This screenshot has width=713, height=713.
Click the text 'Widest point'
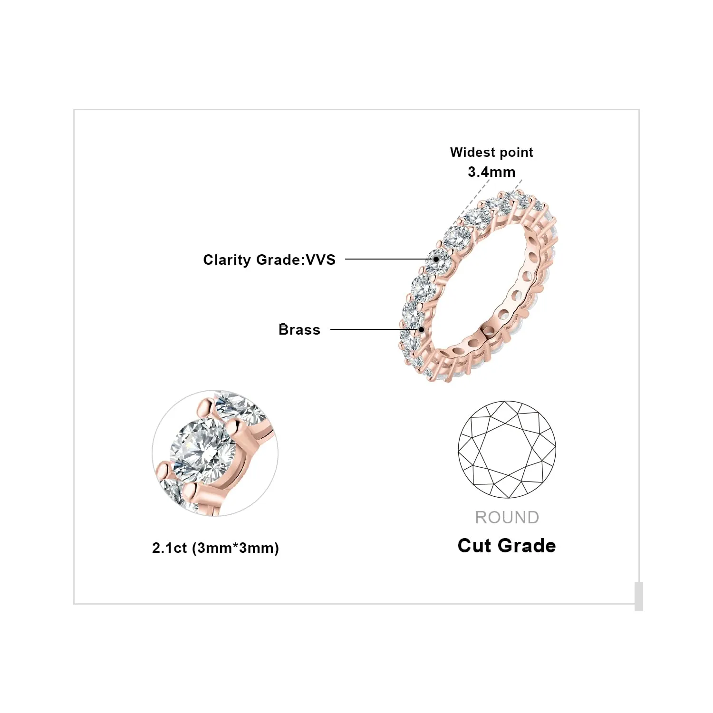coord(491,153)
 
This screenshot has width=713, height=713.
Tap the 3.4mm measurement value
coord(491,172)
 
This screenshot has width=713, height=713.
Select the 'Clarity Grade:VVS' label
coord(269,260)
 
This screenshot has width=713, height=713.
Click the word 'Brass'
coord(299,329)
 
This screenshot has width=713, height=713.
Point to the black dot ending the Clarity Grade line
coord(436,259)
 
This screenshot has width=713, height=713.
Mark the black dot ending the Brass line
coord(421,329)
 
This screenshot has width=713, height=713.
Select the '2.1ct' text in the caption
coord(169,548)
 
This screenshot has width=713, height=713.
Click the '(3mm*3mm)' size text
coord(235,548)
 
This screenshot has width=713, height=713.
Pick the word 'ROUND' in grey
coord(507,518)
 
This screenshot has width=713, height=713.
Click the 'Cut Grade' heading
coord(507,546)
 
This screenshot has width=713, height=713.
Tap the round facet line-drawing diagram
coord(507,450)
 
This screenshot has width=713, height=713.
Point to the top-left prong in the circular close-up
coord(206,408)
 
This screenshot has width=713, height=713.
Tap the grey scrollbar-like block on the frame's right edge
coord(639,596)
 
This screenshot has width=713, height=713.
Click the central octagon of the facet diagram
coord(507,450)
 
